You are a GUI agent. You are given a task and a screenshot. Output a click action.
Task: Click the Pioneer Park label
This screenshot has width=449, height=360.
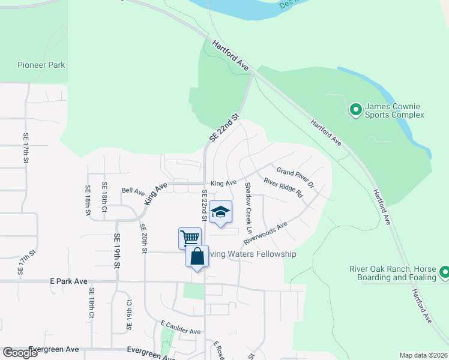pyautogui.click(x=41, y=65)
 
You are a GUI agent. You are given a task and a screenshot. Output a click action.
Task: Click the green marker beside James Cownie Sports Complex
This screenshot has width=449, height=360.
pyautogui.click(x=355, y=109)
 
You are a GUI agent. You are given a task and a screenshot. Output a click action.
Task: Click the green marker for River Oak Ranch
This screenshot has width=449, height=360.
pyautogui.click(x=444, y=273)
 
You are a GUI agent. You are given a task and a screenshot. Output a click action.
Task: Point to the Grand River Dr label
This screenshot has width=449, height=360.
pyautogui.click(x=295, y=177)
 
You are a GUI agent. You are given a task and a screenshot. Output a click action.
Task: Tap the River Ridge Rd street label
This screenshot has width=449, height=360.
pyautogui.click(x=283, y=186)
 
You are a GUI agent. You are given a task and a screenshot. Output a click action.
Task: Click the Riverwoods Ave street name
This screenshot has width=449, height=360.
pyautogui.click(x=265, y=233)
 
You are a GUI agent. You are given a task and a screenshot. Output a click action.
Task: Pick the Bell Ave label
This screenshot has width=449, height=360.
pyautogui.click(x=133, y=192)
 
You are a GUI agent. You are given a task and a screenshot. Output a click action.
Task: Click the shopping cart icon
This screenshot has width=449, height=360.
pyautogui.click(x=190, y=238)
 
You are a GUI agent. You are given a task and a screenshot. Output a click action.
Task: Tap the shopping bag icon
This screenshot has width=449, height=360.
pyautogui.click(x=197, y=256)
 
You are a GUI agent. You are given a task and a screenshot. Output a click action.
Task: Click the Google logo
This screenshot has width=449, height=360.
pyautogui.click(x=20, y=353)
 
